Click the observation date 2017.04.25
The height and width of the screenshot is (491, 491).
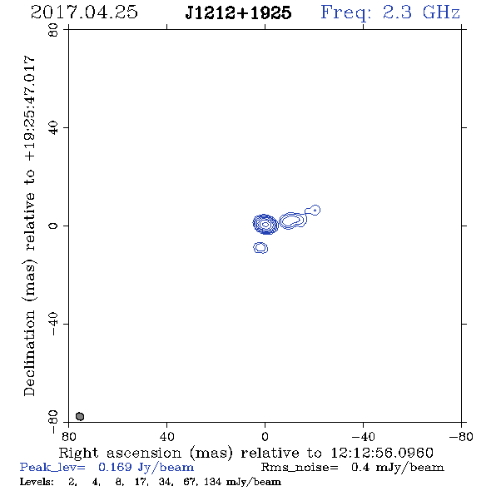84,12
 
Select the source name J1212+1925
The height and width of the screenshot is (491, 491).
238,13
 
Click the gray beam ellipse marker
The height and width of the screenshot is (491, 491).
80,416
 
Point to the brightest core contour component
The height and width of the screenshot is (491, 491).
265,224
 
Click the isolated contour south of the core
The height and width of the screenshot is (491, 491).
260,248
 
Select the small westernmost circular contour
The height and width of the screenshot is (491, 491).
315,210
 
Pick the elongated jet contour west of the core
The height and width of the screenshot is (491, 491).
293,221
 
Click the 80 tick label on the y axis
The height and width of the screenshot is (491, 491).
53,30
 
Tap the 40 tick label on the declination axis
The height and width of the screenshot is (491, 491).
53,128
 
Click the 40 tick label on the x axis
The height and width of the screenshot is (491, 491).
166,437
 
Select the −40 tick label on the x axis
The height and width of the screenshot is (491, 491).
363,437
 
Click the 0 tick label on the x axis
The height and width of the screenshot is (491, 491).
265,437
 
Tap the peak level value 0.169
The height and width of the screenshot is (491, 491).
115,467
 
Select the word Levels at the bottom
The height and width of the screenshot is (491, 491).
37,481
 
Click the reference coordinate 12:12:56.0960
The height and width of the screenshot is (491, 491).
382,453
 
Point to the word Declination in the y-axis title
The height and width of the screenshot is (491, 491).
29,354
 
